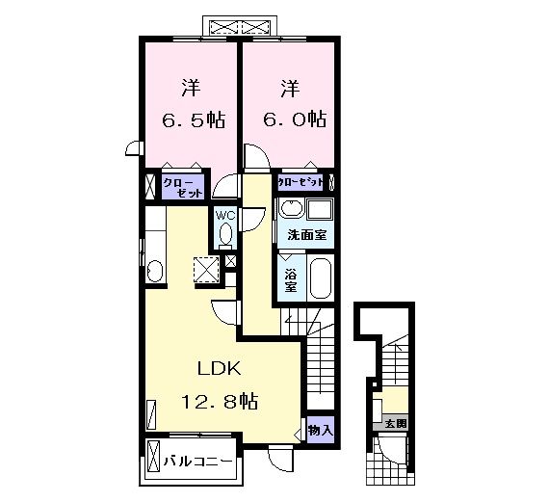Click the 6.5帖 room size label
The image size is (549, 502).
click(193, 119)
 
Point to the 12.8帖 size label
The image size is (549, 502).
click(220, 400)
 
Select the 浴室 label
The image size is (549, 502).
click(291, 278)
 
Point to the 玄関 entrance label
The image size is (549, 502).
click(395, 422)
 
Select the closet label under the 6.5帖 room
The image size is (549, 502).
click(183, 187)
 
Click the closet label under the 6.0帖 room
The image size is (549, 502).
click(301, 181)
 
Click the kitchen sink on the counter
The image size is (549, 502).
click(154, 269)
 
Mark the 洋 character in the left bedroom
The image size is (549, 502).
click(191, 90)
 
